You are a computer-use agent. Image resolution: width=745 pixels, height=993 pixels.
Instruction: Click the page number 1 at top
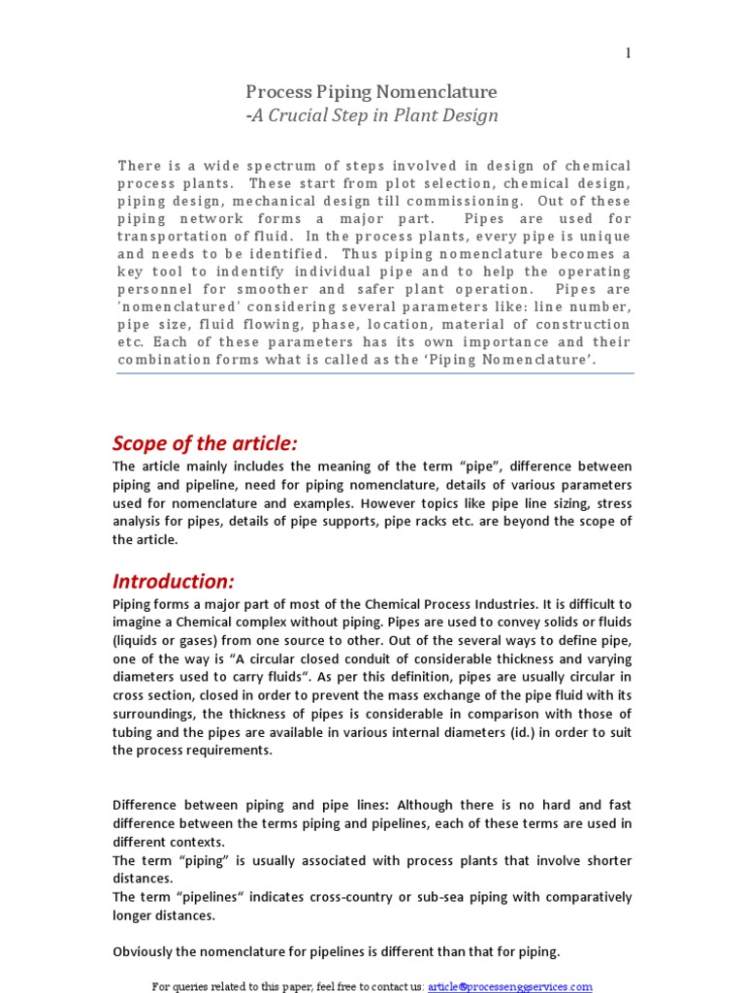click(x=629, y=53)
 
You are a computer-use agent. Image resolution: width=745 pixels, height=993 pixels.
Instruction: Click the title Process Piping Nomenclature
click(x=372, y=92)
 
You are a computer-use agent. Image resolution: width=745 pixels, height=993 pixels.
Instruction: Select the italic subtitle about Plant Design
click(x=374, y=116)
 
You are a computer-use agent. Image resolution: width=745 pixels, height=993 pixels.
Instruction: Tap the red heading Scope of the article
click(x=205, y=443)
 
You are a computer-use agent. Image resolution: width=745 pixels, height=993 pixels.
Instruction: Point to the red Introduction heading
click(x=174, y=581)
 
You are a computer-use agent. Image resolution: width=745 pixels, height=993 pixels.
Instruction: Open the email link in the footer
click(x=510, y=986)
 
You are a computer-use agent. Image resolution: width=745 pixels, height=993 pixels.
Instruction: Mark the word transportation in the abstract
click(x=173, y=237)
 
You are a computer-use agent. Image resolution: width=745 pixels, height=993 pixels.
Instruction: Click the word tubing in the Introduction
click(x=135, y=732)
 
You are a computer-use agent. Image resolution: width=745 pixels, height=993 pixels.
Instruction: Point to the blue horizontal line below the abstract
click(x=374, y=373)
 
